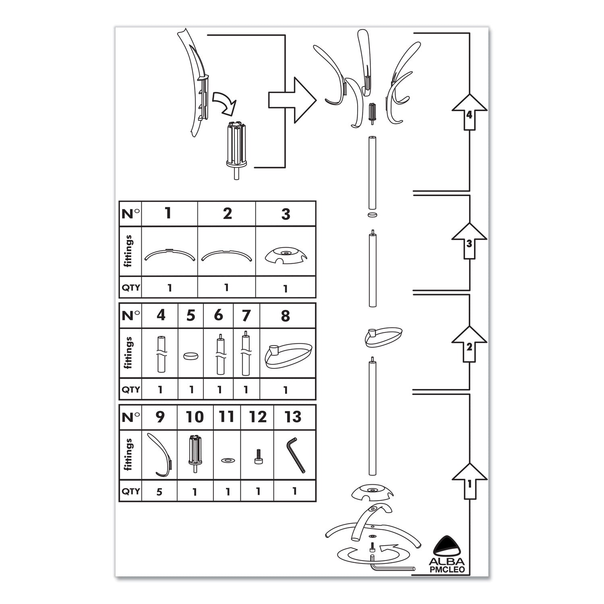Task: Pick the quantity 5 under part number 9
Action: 160,492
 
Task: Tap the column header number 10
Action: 194,417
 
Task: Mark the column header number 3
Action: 285,214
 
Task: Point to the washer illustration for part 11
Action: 227,459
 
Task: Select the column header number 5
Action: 191,316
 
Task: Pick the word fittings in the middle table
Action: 128,353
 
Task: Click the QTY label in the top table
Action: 130,288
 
